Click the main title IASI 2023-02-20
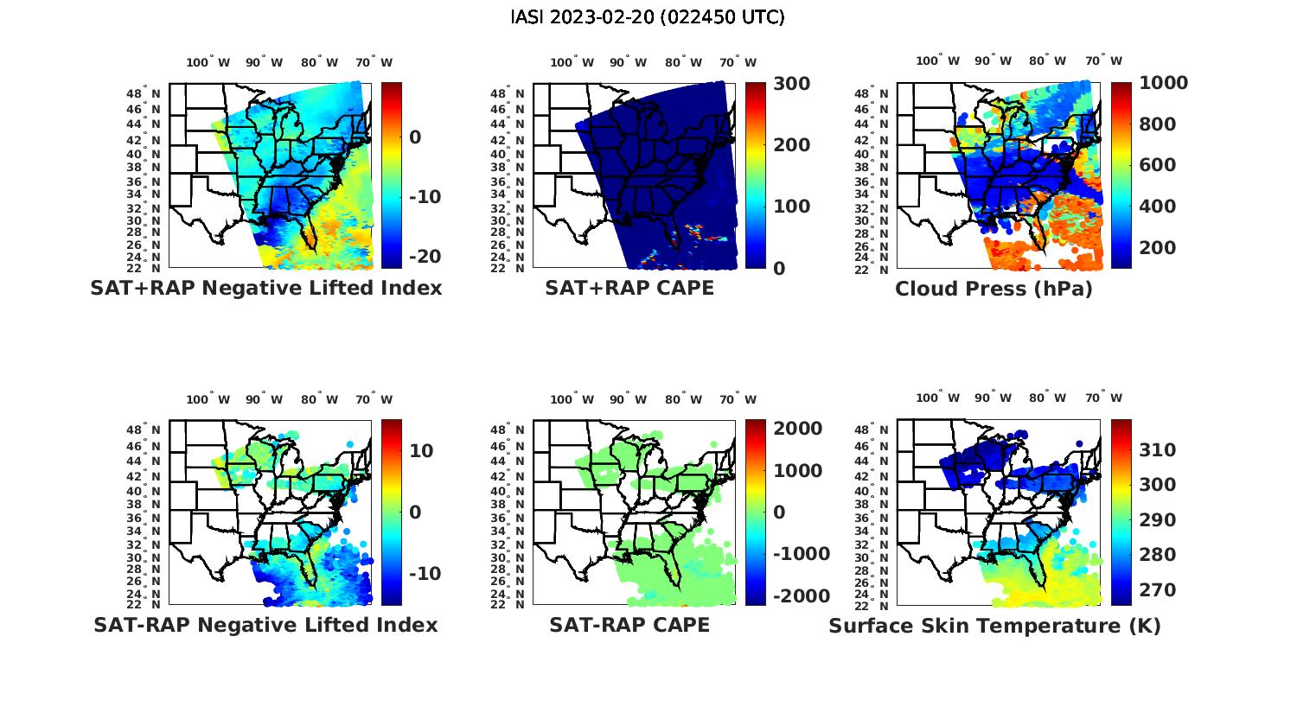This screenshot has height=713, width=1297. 648,17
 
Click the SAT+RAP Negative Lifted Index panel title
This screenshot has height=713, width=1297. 265,288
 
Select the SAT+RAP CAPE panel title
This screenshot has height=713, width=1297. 629,288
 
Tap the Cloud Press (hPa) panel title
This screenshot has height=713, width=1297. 994,289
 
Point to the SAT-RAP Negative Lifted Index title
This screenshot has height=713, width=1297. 265,625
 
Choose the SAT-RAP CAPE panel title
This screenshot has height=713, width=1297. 629,625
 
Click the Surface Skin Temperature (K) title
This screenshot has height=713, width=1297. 994,626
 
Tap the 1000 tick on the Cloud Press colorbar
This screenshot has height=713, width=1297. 1163,83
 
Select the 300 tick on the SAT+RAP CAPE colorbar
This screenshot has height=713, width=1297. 792,84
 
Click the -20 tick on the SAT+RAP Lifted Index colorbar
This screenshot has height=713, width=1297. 423,257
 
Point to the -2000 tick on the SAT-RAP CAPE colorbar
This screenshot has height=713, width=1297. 801,596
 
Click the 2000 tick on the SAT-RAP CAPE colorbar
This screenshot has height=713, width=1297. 798,429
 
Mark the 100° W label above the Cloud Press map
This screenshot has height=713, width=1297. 937,61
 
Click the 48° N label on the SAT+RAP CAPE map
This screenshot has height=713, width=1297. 508,94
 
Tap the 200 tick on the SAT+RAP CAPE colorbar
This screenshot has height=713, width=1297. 792,145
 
